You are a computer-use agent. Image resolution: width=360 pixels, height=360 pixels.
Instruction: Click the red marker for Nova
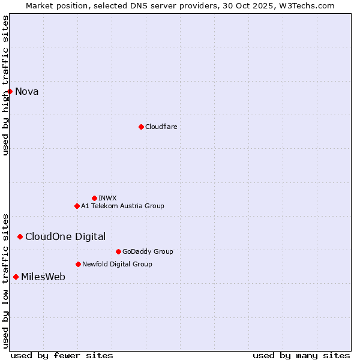tap(10, 91)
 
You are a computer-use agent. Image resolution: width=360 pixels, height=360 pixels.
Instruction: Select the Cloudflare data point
tap(141, 127)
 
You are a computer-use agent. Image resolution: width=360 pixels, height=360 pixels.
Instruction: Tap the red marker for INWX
tap(94, 198)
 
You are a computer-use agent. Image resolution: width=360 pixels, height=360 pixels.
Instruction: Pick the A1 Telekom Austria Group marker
tap(77, 206)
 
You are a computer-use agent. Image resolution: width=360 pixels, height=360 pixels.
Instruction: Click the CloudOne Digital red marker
tap(20, 236)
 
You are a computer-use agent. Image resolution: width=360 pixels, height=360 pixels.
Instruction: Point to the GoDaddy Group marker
tap(118, 251)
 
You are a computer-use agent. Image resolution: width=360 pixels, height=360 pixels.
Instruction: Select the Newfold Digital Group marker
tap(78, 264)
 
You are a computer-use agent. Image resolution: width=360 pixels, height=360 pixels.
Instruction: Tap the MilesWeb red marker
tap(16, 277)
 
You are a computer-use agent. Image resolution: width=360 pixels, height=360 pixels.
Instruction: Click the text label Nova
tap(27, 91)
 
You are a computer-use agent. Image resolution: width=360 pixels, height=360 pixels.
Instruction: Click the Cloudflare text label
tap(161, 127)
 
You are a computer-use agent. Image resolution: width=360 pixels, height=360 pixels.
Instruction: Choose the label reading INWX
tap(107, 198)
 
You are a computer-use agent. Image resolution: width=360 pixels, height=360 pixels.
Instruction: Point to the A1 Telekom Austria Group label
tap(122, 206)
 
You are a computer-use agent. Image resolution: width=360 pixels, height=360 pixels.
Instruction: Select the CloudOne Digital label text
tap(65, 236)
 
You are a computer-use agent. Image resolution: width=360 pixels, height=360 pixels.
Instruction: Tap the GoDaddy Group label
tap(148, 251)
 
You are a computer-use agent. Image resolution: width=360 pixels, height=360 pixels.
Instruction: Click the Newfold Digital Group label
tap(117, 264)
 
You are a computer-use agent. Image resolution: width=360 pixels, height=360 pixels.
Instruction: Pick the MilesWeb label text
tap(43, 277)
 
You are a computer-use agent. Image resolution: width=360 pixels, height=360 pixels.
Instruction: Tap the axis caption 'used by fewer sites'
tap(62, 355)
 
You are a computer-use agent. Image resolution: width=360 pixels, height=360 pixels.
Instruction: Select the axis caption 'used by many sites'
tap(301, 355)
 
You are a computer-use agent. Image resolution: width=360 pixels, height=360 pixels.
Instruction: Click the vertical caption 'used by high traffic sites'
tap(5, 85)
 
